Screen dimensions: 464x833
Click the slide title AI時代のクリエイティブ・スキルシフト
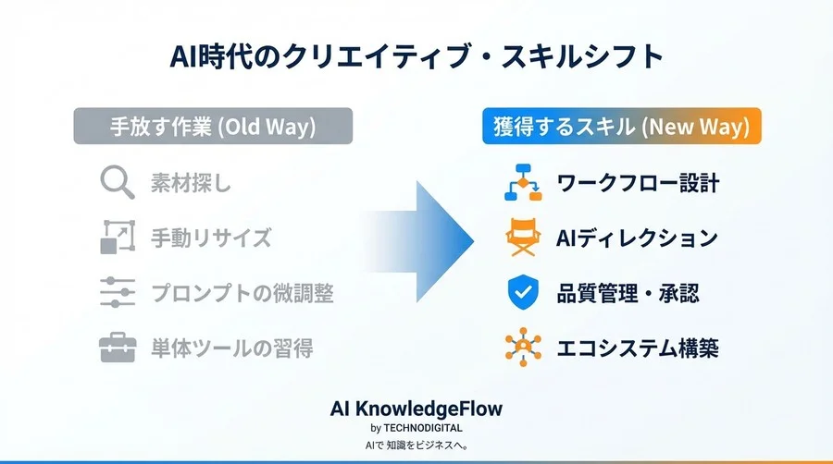pos(416,56)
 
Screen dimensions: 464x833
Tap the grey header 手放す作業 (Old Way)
pos(213,127)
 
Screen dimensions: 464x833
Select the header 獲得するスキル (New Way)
pos(621,127)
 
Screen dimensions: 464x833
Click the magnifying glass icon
pos(118,182)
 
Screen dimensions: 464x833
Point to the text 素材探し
pos(191,183)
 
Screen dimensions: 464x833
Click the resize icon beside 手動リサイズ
pos(118,238)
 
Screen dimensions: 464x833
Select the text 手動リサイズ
pos(211,238)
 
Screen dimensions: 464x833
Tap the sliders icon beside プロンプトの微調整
pos(118,293)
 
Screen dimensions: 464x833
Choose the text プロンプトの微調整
pos(242,294)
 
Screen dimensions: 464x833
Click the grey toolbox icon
pos(118,348)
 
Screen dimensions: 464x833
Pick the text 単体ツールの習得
pos(231,349)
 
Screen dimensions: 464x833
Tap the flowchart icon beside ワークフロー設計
pos(523,182)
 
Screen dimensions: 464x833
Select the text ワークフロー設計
pos(638,183)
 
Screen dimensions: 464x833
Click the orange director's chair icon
pos(523,238)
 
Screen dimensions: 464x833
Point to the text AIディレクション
pos(637,238)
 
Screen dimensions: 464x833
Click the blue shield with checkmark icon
pos(523,293)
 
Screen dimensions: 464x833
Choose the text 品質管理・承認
pos(628,294)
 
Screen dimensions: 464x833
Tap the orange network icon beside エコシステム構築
pos(523,348)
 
